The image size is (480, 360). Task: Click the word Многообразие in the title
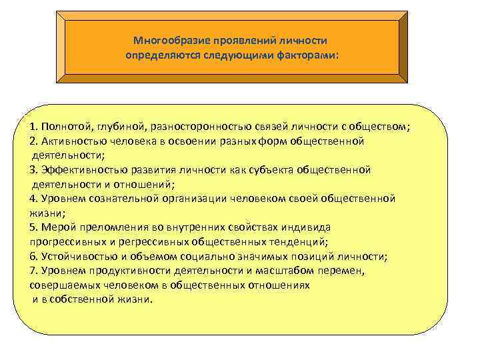tap(167, 41)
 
